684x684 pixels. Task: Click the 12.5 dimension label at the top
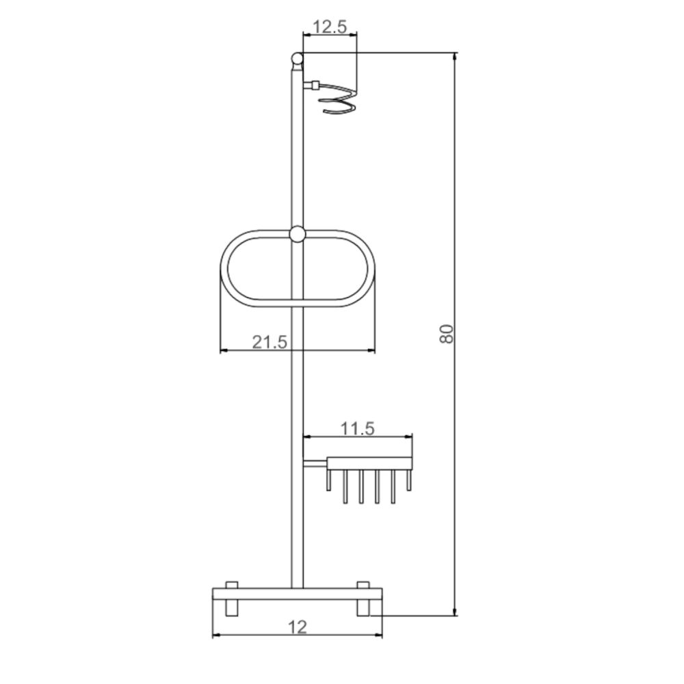coord(330,27)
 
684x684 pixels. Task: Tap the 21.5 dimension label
coord(269,342)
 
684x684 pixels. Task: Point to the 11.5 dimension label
coord(358,428)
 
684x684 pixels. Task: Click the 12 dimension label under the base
coord(298,625)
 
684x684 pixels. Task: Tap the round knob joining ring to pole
coord(297,234)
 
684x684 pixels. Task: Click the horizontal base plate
coord(298,593)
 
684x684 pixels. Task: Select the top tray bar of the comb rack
coord(370,464)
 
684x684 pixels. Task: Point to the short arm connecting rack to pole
coord(315,464)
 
